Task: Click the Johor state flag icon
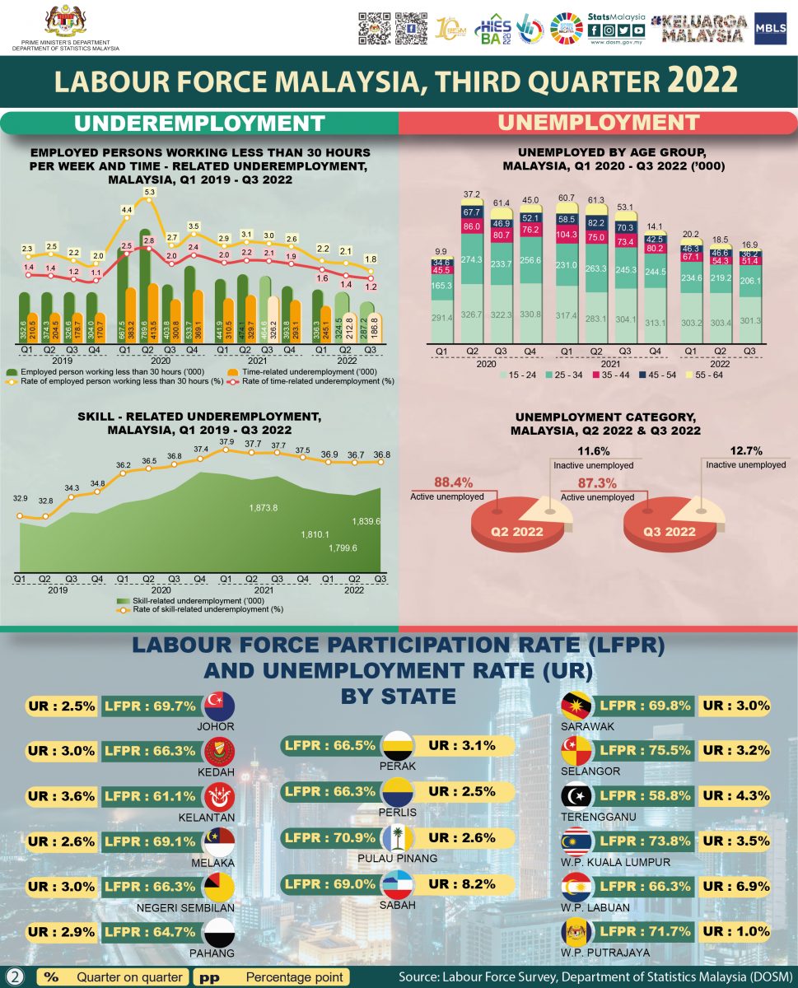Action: tap(218, 706)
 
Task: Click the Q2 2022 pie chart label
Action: tap(517, 531)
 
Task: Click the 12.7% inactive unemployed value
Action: tap(746, 451)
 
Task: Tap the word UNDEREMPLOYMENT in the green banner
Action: tap(199, 123)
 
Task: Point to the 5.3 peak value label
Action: tap(149, 192)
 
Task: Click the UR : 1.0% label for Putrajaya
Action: tap(735, 932)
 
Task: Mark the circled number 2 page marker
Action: tap(15, 976)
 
